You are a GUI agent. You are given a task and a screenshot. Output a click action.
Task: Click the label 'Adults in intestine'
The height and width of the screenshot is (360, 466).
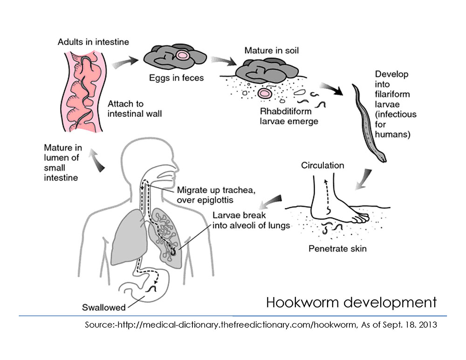[93, 42]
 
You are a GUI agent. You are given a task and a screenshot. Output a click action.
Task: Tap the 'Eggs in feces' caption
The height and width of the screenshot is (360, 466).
[175, 77]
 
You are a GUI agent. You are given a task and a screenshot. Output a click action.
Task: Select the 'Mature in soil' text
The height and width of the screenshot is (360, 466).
[272, 50]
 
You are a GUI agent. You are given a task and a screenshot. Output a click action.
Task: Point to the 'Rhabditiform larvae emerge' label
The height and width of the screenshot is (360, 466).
[289, 116]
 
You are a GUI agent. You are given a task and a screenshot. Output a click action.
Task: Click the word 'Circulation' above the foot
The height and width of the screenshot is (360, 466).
[322, 165]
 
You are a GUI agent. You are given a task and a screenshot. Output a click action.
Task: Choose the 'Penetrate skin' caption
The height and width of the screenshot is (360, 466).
[337, 248]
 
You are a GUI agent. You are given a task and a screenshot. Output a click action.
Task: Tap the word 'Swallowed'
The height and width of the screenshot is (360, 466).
[104, 307]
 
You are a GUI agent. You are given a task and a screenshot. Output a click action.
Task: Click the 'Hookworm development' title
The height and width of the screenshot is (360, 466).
[351, 303]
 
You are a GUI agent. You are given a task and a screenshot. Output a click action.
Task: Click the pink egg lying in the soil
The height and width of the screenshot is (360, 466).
[266, 94]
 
